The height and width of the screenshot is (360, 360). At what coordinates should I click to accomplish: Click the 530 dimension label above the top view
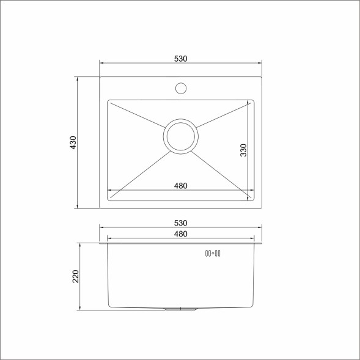[180, 59]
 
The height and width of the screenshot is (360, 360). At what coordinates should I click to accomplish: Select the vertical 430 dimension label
[73, 142]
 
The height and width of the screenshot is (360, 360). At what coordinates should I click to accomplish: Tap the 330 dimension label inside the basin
[243, 150]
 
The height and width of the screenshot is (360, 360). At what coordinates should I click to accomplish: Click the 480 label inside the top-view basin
[180, 186]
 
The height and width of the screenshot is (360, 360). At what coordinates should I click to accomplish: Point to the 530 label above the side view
[180, 223]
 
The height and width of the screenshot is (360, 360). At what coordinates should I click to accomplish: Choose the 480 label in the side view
[180, 234]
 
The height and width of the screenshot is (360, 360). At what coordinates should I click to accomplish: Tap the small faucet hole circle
[180, 88]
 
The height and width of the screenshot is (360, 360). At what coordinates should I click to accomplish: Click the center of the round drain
[180, 136]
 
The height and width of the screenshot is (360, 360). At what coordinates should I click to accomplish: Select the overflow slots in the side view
[213, 253]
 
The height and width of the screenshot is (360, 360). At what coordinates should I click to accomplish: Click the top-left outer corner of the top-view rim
[100, 77]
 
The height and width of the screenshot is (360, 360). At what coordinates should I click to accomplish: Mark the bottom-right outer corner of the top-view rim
[262, 208]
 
